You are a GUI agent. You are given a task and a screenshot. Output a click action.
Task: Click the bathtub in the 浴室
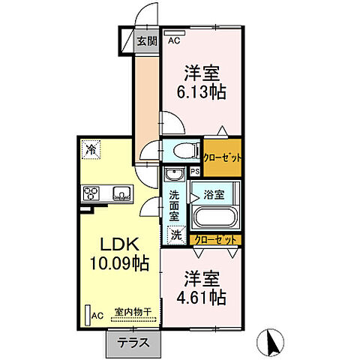click(215, 218)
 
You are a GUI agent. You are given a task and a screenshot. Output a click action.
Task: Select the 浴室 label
click(214, 194)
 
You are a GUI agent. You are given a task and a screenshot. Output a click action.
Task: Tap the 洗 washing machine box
click(175, 234)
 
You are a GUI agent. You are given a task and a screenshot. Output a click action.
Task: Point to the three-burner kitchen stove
click(91, 194)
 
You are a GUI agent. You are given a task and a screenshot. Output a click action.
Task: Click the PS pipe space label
click(195, 171)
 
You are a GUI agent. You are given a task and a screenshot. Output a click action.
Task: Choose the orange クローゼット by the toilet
click(222, 158)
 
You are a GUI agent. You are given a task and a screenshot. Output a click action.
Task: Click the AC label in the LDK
click(97, 316)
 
